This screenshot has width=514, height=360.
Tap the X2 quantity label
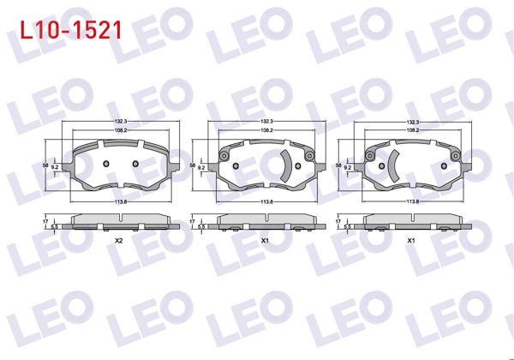pyautogui.click(x=119, y=241)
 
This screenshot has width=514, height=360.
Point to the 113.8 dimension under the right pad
pyautogui.click(x=412, y=201)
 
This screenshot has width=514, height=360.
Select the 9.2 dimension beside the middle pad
pyautogui.click(x=201, y=169)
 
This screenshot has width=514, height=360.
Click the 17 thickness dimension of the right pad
pyautogui.click(x=338, y=221)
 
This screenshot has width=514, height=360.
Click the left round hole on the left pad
pyautogui.click(x=105, y=165)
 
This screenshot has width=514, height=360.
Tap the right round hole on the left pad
pyautogui.click(x=134, y=165)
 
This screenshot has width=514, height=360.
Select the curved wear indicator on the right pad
pyautogui.click(x=391, y=165)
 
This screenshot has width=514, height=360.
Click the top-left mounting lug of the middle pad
pyautogui.click(x=224, y=156)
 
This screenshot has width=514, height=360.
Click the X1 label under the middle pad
pyautogui.click(x=266, y=241)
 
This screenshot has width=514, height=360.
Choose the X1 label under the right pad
pyautogui.click(x=412, y=241)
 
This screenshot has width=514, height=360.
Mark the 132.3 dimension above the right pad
pyautogui.click(x=412, y=122)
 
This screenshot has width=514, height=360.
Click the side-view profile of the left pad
pyautogui.click(x=119, y=221)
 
